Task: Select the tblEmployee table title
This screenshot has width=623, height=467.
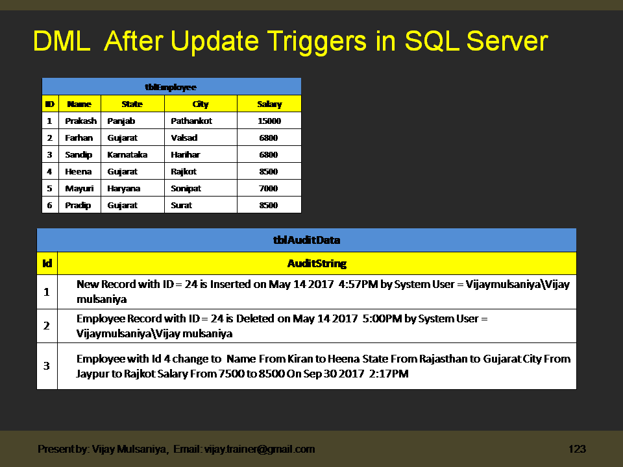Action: click(171, 87)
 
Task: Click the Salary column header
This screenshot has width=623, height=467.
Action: click(269, 104)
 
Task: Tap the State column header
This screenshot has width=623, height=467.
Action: click(132, 104)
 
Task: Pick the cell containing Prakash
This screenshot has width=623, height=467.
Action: click(80, 121)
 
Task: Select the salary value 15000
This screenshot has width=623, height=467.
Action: click(269, 121)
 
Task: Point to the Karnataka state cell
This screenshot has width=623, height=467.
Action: click(127, 154)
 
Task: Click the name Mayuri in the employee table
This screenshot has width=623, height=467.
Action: click(79, 188)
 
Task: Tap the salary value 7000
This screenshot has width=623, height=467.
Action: click(269, 188)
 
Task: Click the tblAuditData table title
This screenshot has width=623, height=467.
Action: click(306, 240)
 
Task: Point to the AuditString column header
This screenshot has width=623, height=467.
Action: click(317, 263)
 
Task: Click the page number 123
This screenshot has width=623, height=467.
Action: click(578, 449)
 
